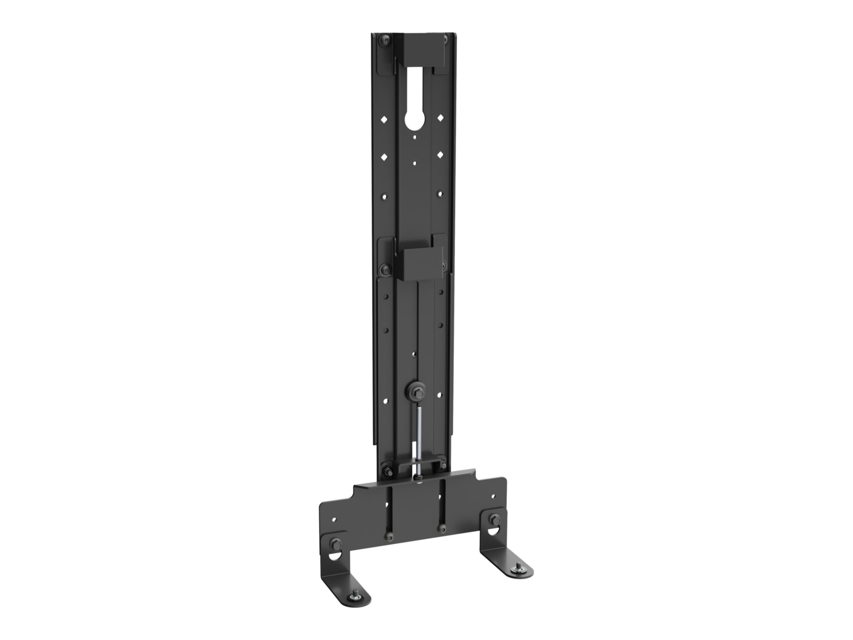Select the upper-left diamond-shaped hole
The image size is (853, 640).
pyautogui.click(x=385, y=119)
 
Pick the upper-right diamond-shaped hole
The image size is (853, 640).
pyautogui.click(x=440, y=118)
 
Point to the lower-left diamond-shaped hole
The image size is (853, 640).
pyautogui.click(x=385, y=157)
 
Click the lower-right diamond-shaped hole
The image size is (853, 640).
pyautogui.click(x=440, y=155)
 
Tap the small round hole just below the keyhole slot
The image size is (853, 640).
pyautogui.click(x=415, y=138)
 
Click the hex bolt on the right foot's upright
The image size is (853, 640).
pyautogui.click(x=494, y=519)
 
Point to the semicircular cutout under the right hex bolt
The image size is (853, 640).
pyautogui.click(x=494, y=532)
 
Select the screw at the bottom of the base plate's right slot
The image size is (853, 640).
pyautogui.click(x=442, y=528)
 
